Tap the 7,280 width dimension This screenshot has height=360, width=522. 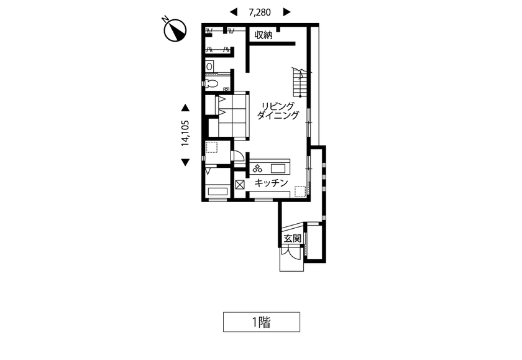(260, 12)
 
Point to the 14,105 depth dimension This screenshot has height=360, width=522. (185, 133)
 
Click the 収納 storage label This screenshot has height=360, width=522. (263, 35)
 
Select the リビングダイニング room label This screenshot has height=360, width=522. (278, 111)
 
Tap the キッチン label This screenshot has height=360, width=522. (271, 183)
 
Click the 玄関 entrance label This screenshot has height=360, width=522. (292, 239)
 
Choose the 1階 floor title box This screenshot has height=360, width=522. (262, 322)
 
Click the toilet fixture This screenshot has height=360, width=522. (211, 83)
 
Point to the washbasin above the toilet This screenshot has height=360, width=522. (209, 66)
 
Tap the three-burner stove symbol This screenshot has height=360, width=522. (257, 168)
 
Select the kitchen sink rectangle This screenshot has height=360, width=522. (278, 168)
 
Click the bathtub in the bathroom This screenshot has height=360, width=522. (217, 192)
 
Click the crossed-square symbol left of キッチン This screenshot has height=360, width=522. (240, 185)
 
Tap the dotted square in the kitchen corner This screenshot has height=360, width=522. (300, 191)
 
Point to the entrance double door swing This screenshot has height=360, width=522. (291, 251)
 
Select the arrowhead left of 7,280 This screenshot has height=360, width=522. (234, 12)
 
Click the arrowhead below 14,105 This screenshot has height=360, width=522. (185, 162)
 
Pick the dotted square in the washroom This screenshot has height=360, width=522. (212, 147)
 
